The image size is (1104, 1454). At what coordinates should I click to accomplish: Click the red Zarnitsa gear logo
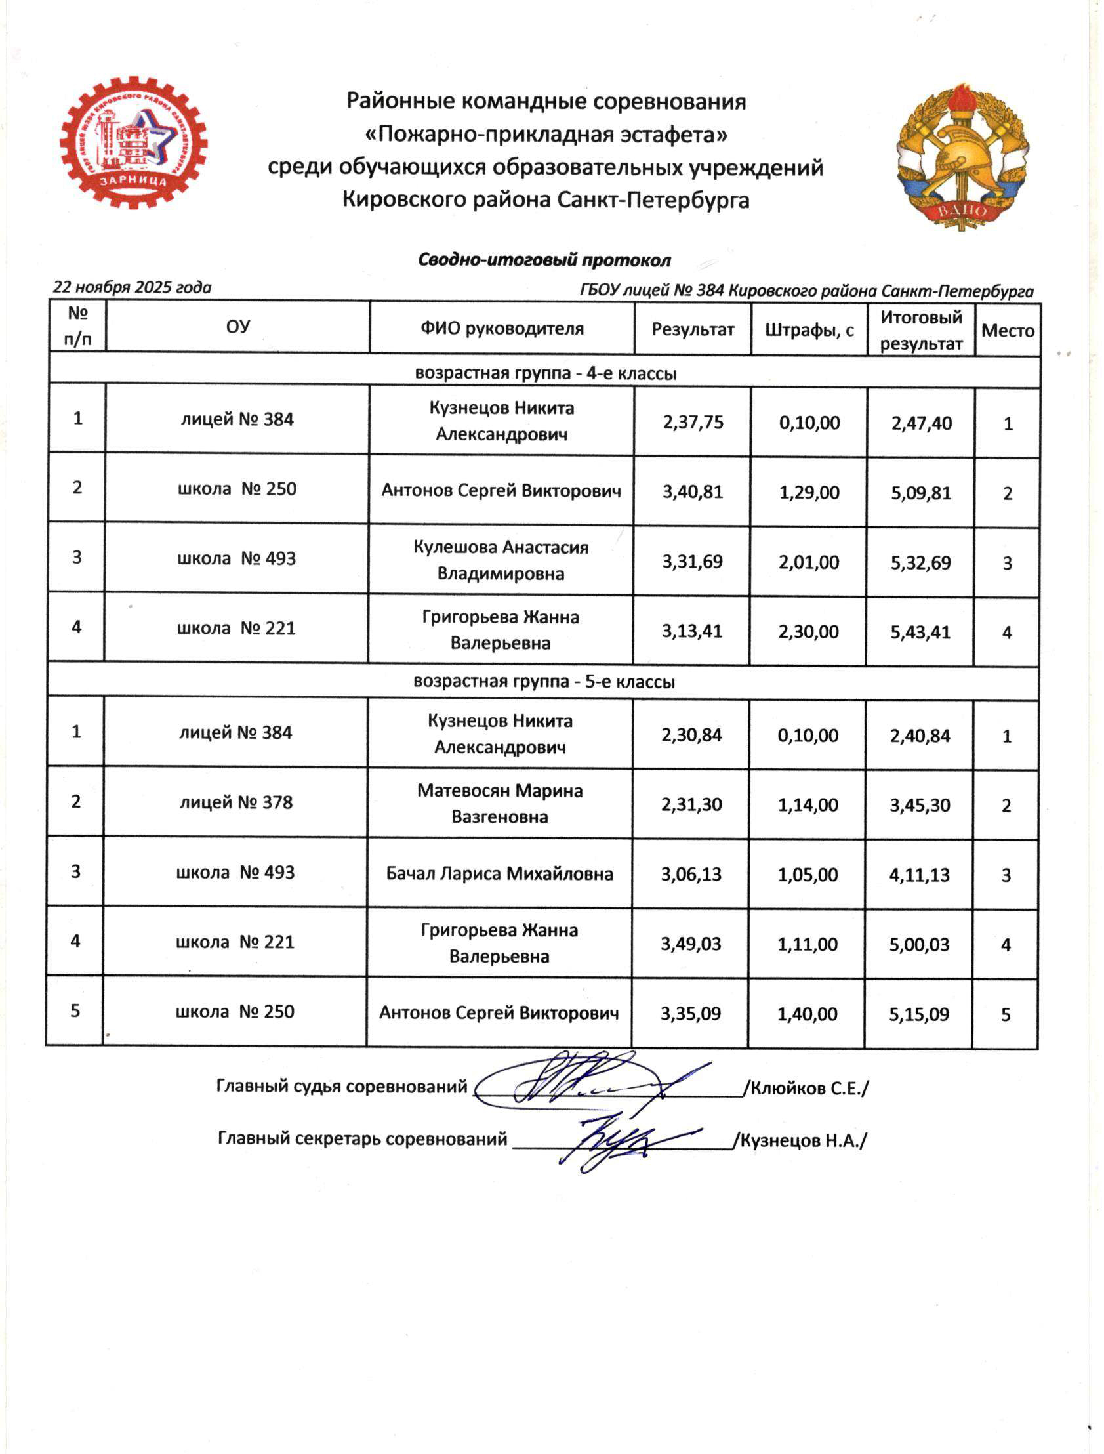[x=133, y=142]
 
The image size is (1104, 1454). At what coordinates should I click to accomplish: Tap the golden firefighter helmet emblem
[x=962, y=156]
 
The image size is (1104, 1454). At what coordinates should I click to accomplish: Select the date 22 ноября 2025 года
[x=132, y=287]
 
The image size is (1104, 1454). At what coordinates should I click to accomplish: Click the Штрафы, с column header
[x=809, y=330]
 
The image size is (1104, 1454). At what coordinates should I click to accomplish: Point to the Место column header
[x=1008, y=331]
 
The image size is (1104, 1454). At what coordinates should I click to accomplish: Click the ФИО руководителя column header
[x=502, y=329]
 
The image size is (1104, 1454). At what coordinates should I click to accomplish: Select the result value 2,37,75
[x=693, y=422]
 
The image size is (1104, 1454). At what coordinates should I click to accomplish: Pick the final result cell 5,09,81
[x=921, y=493]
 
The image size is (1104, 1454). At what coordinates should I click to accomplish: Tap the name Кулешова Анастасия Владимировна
[x=501, y=561]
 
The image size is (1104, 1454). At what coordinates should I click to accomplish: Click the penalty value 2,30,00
[x=808, y=632]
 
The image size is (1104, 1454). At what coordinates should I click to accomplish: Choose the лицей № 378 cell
[x=236, y=802]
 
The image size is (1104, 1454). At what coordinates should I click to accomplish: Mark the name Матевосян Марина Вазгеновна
[x=499, y=803]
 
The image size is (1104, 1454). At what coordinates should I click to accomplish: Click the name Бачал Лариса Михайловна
[x=499, y=873]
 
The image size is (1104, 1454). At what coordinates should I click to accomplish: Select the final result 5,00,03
[x=919, y=945]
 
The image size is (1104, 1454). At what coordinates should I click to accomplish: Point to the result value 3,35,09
[x=691, y=1014]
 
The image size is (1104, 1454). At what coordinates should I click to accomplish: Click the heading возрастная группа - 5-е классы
[x=544, y=682]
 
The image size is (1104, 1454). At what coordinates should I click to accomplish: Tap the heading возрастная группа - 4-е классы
[x=545, y=373]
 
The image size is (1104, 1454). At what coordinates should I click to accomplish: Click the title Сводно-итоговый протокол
[x=544, y=260]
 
